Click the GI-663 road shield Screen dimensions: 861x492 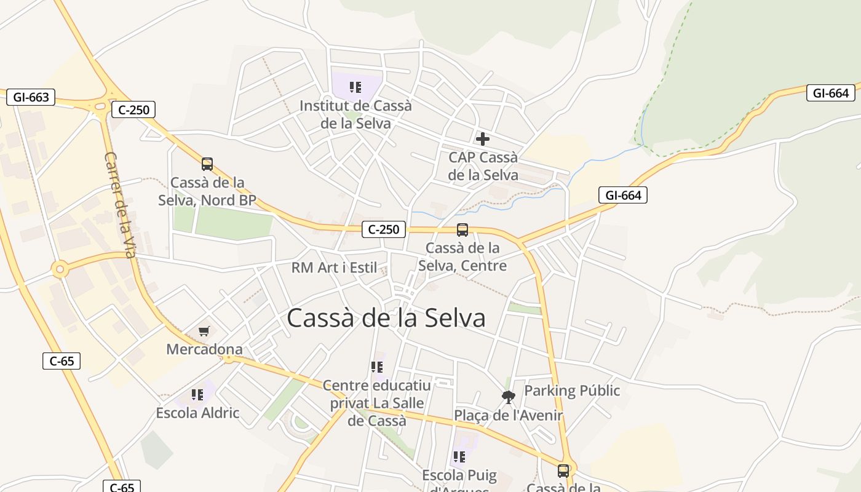click(31, 97)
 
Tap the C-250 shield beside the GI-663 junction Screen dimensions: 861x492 click(133, 110)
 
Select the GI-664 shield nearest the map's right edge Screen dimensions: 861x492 click(831, 93)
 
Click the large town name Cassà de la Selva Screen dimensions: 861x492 click(386, 318)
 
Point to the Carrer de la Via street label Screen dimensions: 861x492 click(120, 205)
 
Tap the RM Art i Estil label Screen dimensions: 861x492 click(334, 268)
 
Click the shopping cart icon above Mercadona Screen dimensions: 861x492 click(204, 331)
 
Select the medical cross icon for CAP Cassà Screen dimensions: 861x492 click(483, 139)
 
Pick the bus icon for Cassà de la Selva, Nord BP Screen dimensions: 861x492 click(207, 164)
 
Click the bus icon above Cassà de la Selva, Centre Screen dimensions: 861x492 click(462, 230)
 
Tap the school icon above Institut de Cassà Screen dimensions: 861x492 click(355, 87)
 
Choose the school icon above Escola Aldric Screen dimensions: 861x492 click(197, 395)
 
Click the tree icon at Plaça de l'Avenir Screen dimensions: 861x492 click(508, 397)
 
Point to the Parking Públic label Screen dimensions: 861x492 click(572, 391)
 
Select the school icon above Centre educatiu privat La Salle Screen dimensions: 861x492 click(377, 367)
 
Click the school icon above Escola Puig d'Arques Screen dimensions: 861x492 click(459, 457)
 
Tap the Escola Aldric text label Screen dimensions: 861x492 click(197, 413)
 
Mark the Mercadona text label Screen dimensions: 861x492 click(204, 349)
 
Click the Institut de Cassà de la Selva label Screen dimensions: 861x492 click(355, 114)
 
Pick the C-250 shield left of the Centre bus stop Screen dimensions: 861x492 click(384, 229)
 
